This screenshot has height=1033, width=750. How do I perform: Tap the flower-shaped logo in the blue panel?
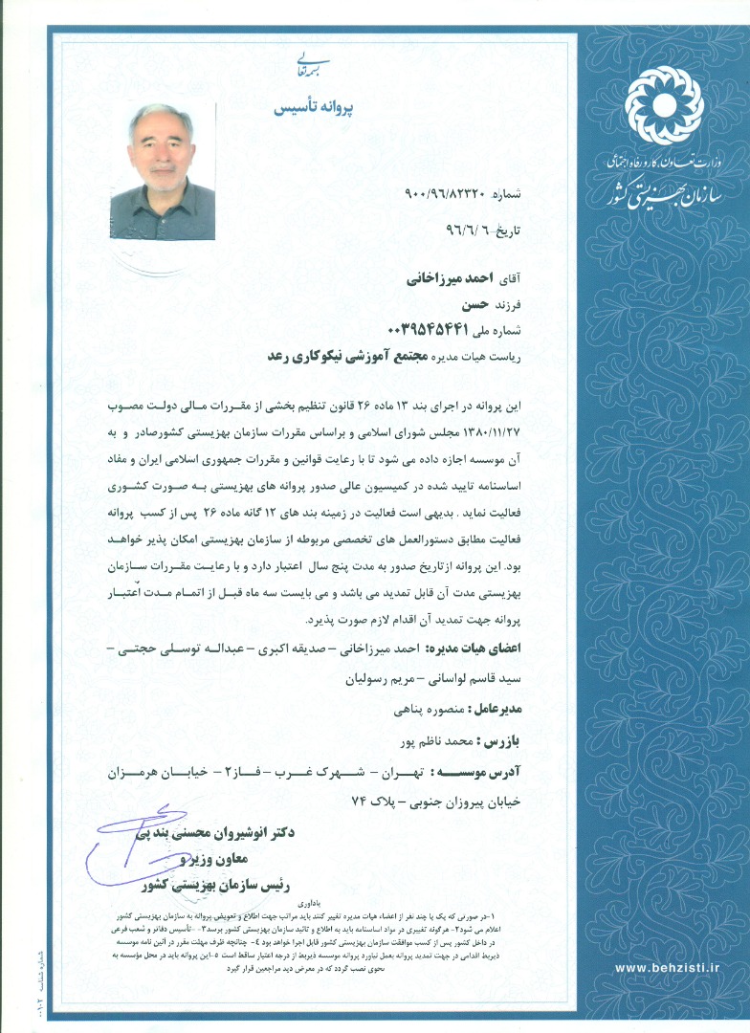point(663,104)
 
